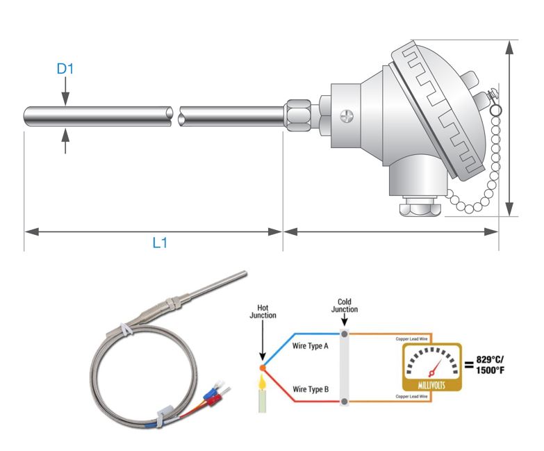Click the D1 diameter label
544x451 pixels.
(65, 69)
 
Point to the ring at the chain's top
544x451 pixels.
(495, 110)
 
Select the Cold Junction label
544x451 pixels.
(344, 306)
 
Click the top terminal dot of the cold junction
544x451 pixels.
(344, 332)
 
